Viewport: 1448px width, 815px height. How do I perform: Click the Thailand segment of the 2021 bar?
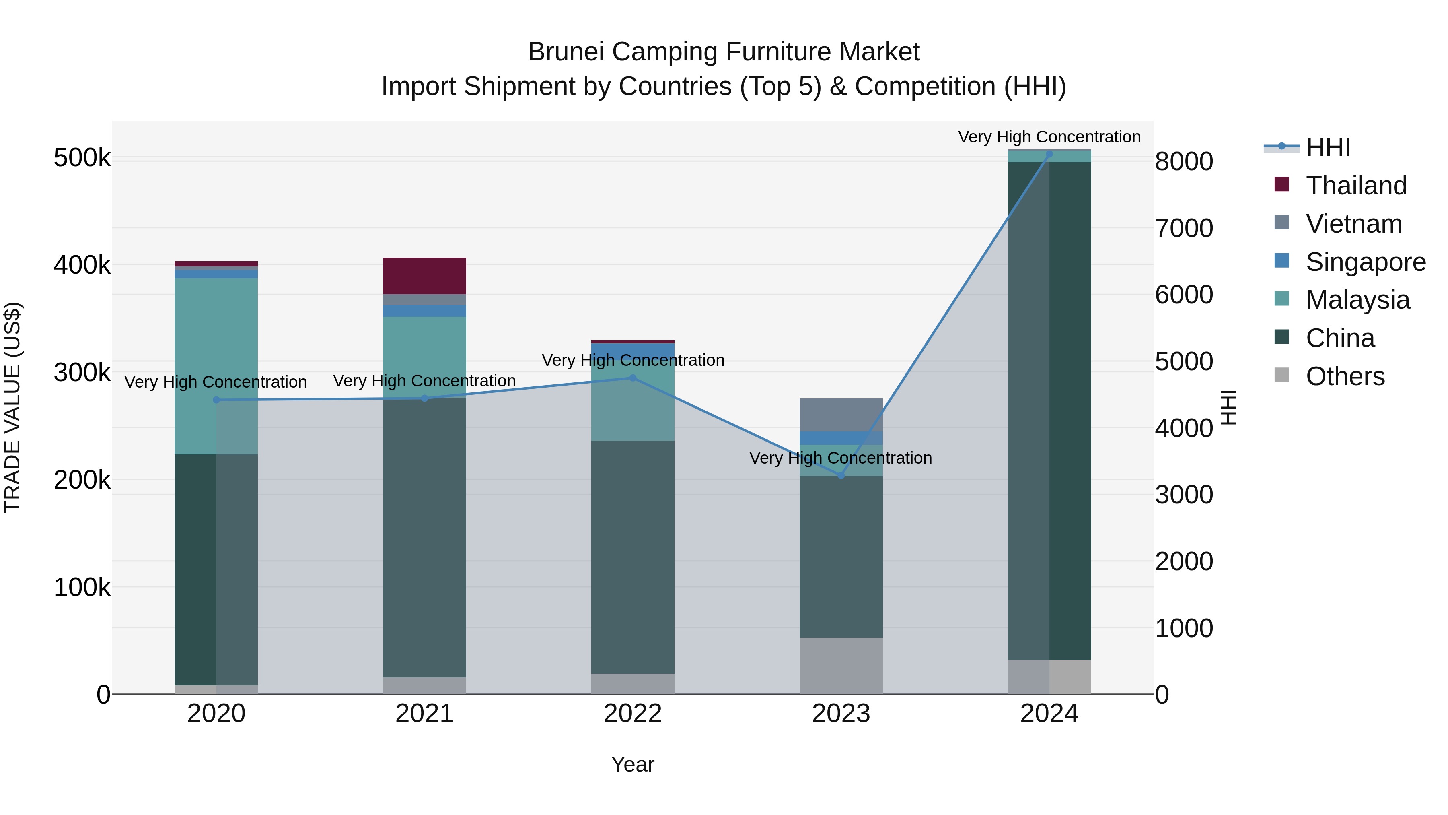coord(424,276)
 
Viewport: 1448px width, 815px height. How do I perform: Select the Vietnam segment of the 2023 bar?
coord(841,415)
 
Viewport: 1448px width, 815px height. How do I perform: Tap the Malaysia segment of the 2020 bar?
coord(216,365)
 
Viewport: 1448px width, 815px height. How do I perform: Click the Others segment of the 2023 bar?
coord(841,665)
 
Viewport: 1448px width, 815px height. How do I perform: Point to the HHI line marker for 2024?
coord(1049,154)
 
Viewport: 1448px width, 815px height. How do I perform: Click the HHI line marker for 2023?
coord(841,476)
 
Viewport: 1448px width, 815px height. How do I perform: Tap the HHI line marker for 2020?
coord(216,400)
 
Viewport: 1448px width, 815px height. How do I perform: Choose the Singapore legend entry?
coord(1365,262)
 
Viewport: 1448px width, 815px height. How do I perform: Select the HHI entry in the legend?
coord(1327,147)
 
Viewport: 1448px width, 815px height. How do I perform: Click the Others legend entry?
coord(1345,376)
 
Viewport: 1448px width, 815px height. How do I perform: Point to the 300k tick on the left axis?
coord(82,372)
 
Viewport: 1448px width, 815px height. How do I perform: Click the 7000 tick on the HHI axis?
coord(1184,228)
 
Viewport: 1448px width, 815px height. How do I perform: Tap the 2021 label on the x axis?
coord(424,714)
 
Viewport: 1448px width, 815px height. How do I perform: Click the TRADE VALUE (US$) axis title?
coord(12,407)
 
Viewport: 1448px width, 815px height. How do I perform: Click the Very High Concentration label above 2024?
coord(1049,137)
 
